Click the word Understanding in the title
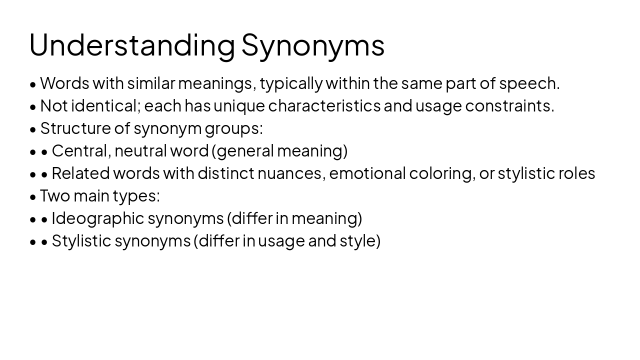[x=132, y=45]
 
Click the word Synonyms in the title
[x=313, y=45]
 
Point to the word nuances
[x=290, y=173]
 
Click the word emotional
[x=367, y=173]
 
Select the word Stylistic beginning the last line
[x=81, y=241]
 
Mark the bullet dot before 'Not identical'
[x=33, y=107]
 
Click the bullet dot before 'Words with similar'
[x=33, y=84]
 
